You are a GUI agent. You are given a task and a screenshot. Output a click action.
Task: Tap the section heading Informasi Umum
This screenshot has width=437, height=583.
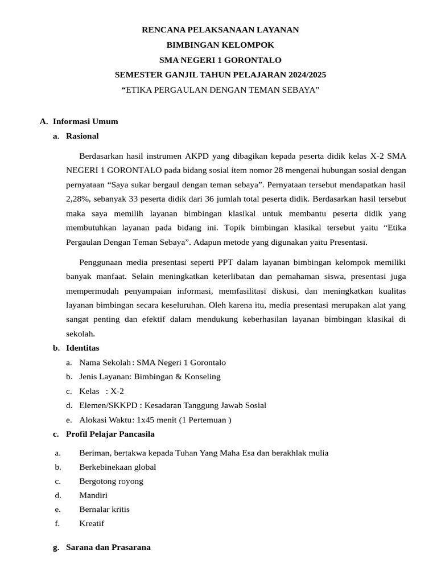point(85,121)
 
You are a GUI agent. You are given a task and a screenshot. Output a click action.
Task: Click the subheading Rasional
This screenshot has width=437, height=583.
point(82,136)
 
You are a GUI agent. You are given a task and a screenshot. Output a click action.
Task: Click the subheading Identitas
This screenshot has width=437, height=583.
point(83,347)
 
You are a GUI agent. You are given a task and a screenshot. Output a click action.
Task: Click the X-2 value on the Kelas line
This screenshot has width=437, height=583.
point(117,391)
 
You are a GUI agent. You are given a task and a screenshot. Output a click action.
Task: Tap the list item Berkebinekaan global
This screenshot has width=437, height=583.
point(117,467)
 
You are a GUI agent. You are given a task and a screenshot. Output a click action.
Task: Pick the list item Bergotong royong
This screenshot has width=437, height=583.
point(111,482)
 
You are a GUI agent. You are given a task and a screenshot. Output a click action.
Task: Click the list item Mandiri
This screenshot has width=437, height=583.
point(93,495)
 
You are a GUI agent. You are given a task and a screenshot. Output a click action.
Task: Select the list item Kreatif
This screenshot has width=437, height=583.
point(92,524)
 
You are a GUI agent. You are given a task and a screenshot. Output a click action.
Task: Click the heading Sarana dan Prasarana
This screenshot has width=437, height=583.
point(108,547)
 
